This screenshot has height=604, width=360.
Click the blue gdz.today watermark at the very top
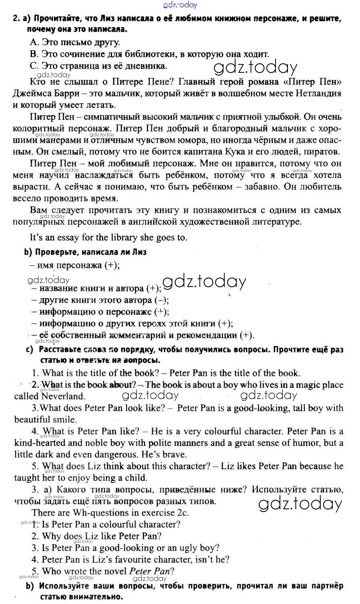click(x=180, y=5)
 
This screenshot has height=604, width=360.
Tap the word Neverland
click(x=63, y=397)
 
